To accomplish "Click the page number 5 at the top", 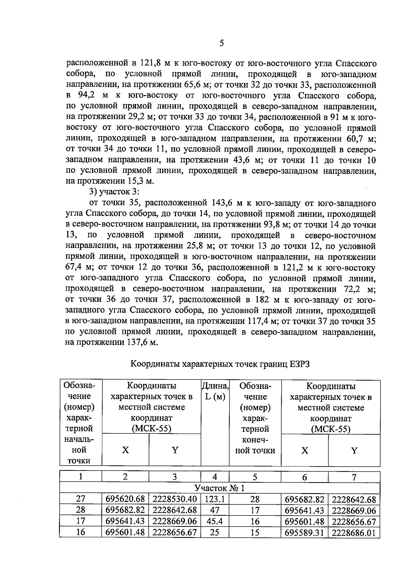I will (221, 43).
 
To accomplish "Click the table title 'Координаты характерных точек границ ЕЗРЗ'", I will (220, 364).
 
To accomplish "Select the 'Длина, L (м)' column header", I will (215, 391).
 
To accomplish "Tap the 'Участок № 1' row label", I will (219, 488).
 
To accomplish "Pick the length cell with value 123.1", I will (215, 499).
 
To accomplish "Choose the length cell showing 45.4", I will (215, 521).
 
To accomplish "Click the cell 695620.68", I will (125, 499).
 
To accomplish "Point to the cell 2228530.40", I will (175, 499).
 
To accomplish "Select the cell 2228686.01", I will (354, 533).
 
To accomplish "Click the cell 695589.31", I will (304, 533).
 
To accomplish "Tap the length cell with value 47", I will (215, 510).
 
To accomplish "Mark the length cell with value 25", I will (215, 532).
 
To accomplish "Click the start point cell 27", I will (81, 499).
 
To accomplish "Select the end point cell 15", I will (255, 533).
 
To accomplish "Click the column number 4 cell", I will (215, 477).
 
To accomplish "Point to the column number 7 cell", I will (354, 477).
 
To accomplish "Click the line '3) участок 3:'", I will (114, 192).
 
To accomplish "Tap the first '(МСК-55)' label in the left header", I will (151, 429).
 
